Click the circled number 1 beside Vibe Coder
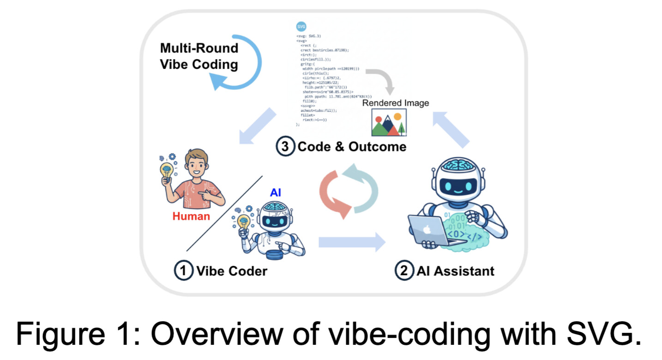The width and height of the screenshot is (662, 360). point(183,270)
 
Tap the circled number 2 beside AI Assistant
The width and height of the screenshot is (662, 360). point(403,270)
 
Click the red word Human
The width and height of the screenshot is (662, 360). point(191,216)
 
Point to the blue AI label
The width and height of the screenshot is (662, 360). point(276,193)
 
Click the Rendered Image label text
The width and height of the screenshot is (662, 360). point(395,102)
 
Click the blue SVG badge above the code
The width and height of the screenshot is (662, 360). point(301,26)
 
